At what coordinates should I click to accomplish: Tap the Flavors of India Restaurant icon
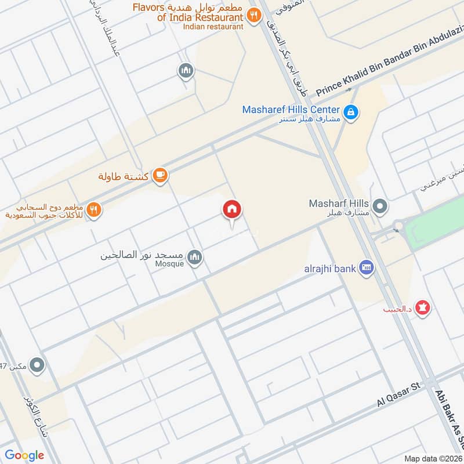pos(253,16)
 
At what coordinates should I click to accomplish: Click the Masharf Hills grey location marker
pos(380,205)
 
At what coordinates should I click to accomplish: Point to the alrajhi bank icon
pos(367,267)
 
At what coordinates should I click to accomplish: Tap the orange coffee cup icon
pos(161,176)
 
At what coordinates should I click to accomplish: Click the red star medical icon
pos(425,308)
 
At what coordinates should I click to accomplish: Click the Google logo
pos(24,455)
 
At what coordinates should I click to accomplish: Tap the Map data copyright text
pos(433,458)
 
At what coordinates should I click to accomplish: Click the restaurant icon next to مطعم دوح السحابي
pos(95,210)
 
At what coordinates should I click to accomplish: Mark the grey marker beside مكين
pos(38,366)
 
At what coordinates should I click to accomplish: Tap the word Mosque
pos(169,264)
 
